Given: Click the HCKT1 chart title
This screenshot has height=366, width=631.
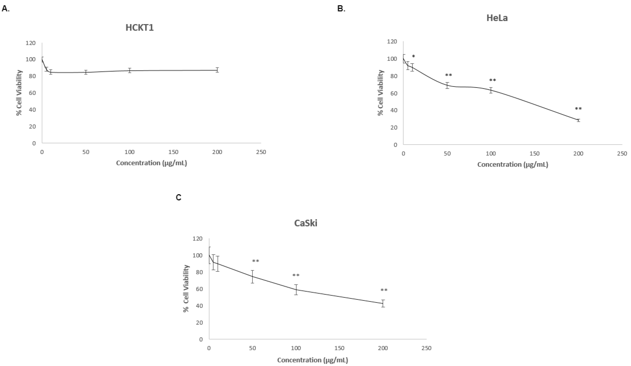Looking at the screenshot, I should (140, 27).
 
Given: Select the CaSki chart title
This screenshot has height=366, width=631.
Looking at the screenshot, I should (306, 223).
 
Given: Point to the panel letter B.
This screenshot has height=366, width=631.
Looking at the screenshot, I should (341, 9).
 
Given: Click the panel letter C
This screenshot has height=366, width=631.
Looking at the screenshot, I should (179, 198).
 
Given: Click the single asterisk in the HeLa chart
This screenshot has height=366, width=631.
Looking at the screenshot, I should (413, 56).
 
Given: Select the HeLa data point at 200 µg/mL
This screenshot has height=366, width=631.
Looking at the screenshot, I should (578, 120).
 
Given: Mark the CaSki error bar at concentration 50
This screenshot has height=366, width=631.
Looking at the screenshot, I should (253, 277).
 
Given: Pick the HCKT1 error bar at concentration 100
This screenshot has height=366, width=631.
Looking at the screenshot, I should (129, 70).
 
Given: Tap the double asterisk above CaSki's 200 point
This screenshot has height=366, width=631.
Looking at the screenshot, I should (384, 290).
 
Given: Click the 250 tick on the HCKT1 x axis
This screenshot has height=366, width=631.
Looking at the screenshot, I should (261, 152).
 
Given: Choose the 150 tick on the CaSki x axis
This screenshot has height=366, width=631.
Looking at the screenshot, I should (339, 348).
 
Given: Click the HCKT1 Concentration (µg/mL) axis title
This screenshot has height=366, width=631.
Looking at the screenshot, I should (151, 163).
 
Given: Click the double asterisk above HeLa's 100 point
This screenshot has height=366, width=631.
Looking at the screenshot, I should (492, 80).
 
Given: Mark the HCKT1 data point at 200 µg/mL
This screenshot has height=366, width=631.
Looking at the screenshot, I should (217, 70).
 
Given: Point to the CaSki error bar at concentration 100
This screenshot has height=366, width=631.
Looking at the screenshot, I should (296, 290).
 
